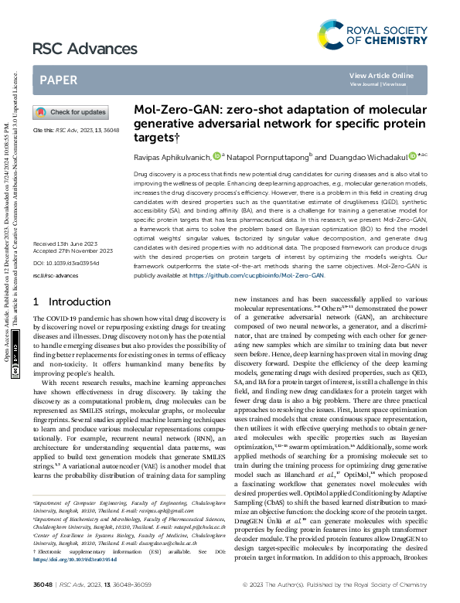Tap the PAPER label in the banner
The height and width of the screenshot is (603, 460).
pyautogui.click(x=58, y=80)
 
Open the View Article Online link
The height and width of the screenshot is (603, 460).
pyautogui.click(x=381, y=75)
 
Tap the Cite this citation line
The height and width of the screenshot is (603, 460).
pyautogui.click(x=76, y=131)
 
